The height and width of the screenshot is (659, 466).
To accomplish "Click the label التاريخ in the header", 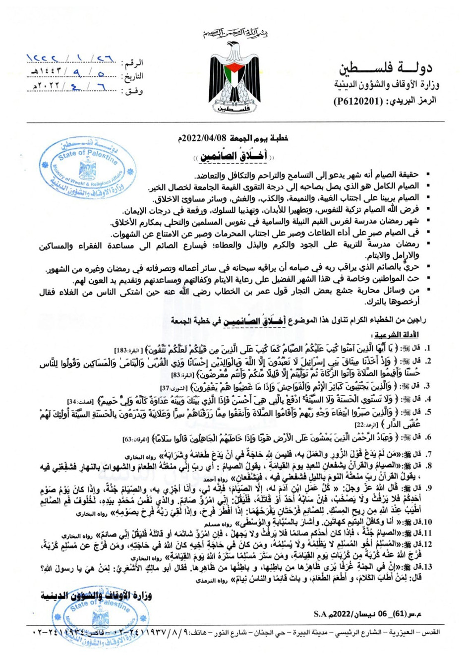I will coord(133,76).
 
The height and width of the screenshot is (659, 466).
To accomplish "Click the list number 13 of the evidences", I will coord(417,566).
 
